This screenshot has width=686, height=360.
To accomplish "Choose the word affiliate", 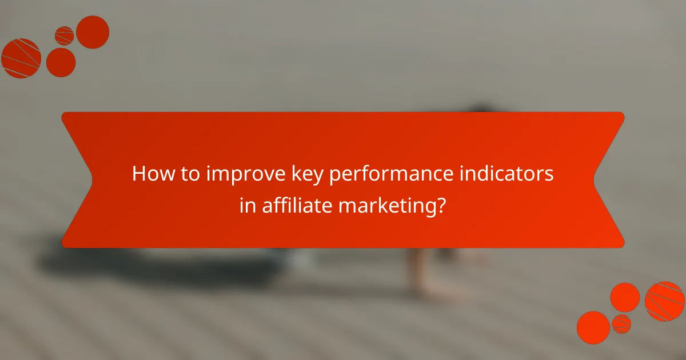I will point(297,205).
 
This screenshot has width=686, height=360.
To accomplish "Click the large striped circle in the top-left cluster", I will point(21,58).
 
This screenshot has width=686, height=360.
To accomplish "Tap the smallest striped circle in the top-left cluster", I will point(64,36).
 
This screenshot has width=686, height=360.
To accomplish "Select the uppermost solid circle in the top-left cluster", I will point(93,32).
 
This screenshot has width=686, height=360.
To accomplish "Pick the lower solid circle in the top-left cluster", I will point(61,62).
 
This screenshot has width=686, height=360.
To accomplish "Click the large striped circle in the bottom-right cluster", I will point(664,301).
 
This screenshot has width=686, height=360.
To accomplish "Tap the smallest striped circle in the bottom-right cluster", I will point(621,323).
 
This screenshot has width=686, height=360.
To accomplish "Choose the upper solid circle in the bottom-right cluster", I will point(625,297).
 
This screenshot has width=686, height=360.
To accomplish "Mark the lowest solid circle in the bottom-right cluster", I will point(593,327).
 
